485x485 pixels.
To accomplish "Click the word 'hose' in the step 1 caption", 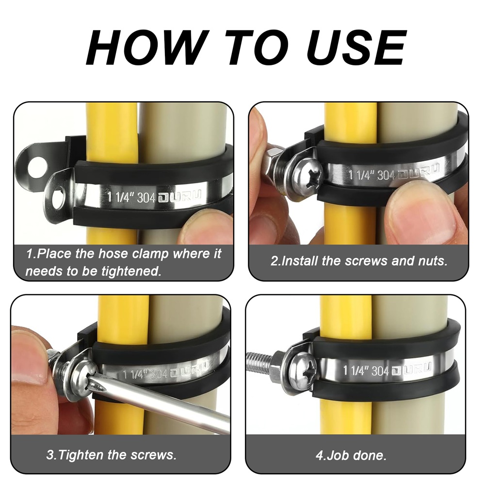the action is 115,254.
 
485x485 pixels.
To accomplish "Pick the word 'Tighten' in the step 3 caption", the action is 81,455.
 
